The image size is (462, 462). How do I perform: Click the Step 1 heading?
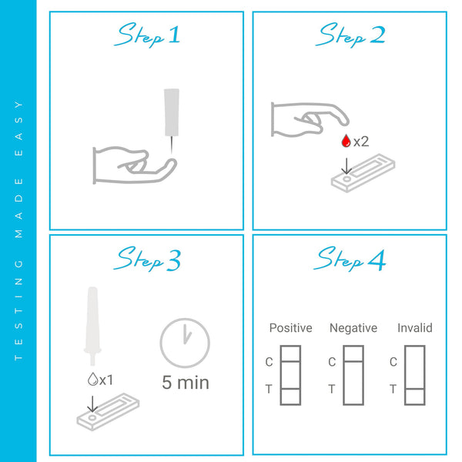[x=149, y=35]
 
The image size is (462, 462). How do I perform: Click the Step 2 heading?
[x=351, y=35]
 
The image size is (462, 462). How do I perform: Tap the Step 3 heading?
[x=149, y=259]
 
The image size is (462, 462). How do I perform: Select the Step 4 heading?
[x=351, y=259]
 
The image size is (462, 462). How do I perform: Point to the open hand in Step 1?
[x=131, y=163]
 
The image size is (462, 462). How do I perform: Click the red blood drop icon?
[x=346, y=141]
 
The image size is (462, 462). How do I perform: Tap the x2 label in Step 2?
[x=361, y=141]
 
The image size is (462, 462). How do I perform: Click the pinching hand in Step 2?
[x=308, y=119]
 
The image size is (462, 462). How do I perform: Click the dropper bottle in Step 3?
[x=92, y=323]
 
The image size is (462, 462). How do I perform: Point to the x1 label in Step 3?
[x=106, y=379]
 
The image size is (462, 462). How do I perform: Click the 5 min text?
[x=186, y=382]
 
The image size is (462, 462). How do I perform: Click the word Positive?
[x=290, y=328]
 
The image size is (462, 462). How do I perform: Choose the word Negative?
[x=353, y=328]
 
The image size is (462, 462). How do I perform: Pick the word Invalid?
[x=415, y=328]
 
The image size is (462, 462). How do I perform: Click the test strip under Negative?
[x=353, y=375]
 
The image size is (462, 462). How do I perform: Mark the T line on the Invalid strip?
[x=414, y=390]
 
